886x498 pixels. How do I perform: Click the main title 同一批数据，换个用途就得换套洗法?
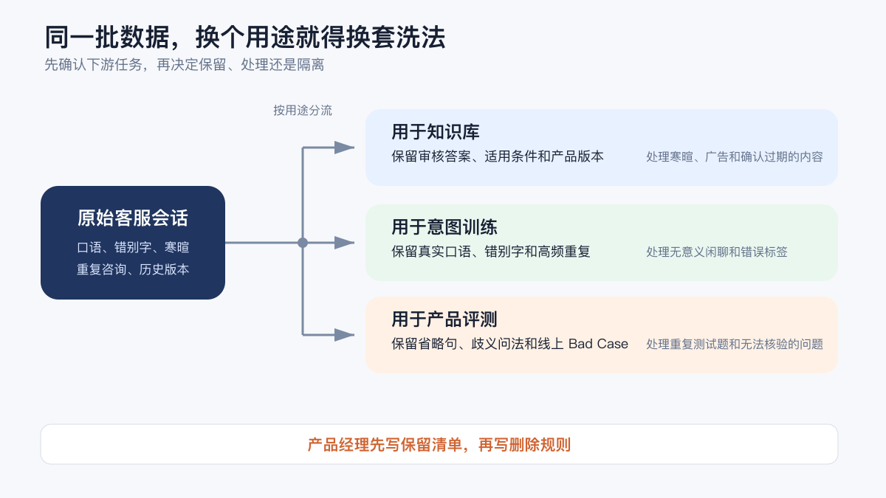coord(245,37)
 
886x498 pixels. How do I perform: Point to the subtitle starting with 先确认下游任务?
coord(185,64)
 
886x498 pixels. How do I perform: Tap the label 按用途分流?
coord(303,110)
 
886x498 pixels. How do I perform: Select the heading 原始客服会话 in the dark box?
coord(133,218)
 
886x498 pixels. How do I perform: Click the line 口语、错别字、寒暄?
coord(133,247)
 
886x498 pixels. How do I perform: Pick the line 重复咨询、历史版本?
coord(133,269)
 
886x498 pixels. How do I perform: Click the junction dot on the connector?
coord(303,243)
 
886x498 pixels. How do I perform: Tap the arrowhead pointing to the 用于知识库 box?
coord(345,148)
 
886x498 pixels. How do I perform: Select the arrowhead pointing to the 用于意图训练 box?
coord(345,243)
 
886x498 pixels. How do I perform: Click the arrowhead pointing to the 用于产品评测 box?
coord(345,335)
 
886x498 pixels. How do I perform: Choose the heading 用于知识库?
coord(436,131)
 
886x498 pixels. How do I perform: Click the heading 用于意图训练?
coord(444,227)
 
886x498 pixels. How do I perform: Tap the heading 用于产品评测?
coord(444,319)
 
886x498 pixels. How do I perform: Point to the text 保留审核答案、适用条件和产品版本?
coord(498,156)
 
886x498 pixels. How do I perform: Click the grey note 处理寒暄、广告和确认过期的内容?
coord(735,157)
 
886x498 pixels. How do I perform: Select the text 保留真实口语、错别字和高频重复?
coord(491,252)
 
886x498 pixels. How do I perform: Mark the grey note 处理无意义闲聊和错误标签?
coord(717,252)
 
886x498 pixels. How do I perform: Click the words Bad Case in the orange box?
coord(598,344)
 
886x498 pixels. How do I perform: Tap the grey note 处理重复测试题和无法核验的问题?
coord(735,345)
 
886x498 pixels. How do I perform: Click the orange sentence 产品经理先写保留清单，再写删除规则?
coord(439,445)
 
